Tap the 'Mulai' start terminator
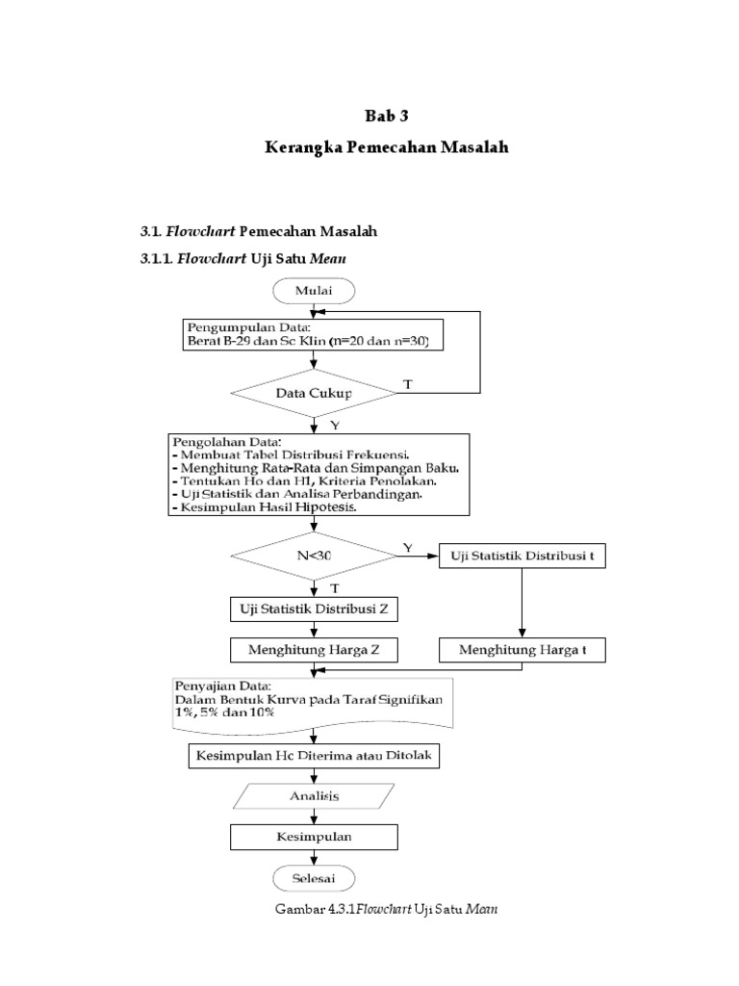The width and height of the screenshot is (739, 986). click(314, 290)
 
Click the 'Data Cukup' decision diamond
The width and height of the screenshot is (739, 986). click(314, 394)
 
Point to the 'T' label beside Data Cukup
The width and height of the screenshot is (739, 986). click(407, 384)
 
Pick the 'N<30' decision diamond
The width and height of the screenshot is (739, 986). click(314, 556)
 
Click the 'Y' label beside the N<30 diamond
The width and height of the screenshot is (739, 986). click(407, 547)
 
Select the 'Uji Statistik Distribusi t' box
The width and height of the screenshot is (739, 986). click(522, 557)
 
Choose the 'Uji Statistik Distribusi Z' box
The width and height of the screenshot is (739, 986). click(314, 610)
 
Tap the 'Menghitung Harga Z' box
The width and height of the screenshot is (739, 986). click(314, 651)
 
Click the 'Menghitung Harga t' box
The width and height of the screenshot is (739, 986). click(522, 651)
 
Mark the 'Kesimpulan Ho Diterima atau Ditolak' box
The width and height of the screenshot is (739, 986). click(314, 757)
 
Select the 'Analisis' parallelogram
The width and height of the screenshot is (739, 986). click(314, 796)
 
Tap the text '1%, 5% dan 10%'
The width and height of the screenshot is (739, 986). click(223, 713)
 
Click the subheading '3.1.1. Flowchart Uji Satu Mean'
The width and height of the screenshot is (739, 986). click(243, 259)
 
